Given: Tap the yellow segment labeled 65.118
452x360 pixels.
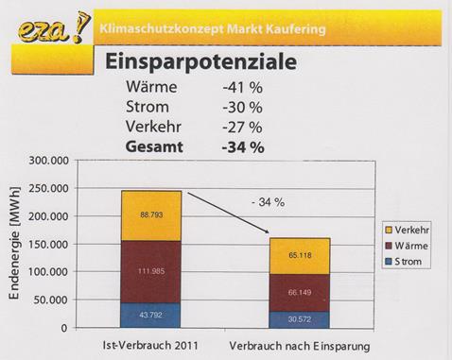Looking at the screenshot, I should point(301,255).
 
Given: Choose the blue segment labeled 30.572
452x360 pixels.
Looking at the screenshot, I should point(301,319).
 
